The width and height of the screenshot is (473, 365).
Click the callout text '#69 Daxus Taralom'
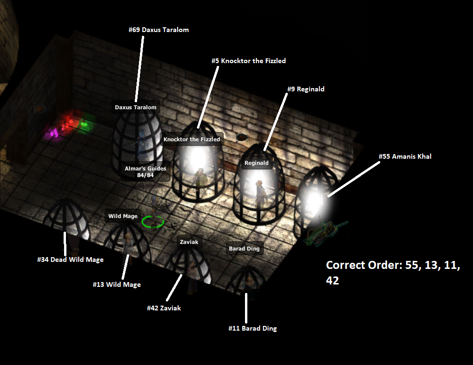[x=158, y=30]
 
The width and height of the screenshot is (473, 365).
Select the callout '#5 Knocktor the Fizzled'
[x=248, y=61]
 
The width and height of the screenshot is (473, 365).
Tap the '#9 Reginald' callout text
[x=306, y=89]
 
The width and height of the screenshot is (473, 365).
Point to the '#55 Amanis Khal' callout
[x=405, y=156]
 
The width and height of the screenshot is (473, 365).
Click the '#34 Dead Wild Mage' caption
[x=70, y=260]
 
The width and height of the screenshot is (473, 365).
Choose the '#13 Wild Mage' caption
[x=116, y=284]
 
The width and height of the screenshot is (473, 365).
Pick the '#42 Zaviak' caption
[x=164, y=308]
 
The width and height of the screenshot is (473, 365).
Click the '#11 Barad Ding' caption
[x=253, y=328]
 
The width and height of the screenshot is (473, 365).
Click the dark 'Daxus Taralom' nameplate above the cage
[x=135, y=107]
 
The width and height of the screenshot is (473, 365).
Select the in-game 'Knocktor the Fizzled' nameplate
[x=192, y=139]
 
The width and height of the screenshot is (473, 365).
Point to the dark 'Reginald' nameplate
[x=256, y=163]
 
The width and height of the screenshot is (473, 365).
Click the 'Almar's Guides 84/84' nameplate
[x=145, y=172]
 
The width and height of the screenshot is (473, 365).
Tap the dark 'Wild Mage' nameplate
[x=123, y=216]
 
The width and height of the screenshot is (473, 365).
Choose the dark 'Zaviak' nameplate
[x=189, y=242]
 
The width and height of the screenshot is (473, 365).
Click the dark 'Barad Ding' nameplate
[x=244, y=249]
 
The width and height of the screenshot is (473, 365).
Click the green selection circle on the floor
[x=153, y=221]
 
